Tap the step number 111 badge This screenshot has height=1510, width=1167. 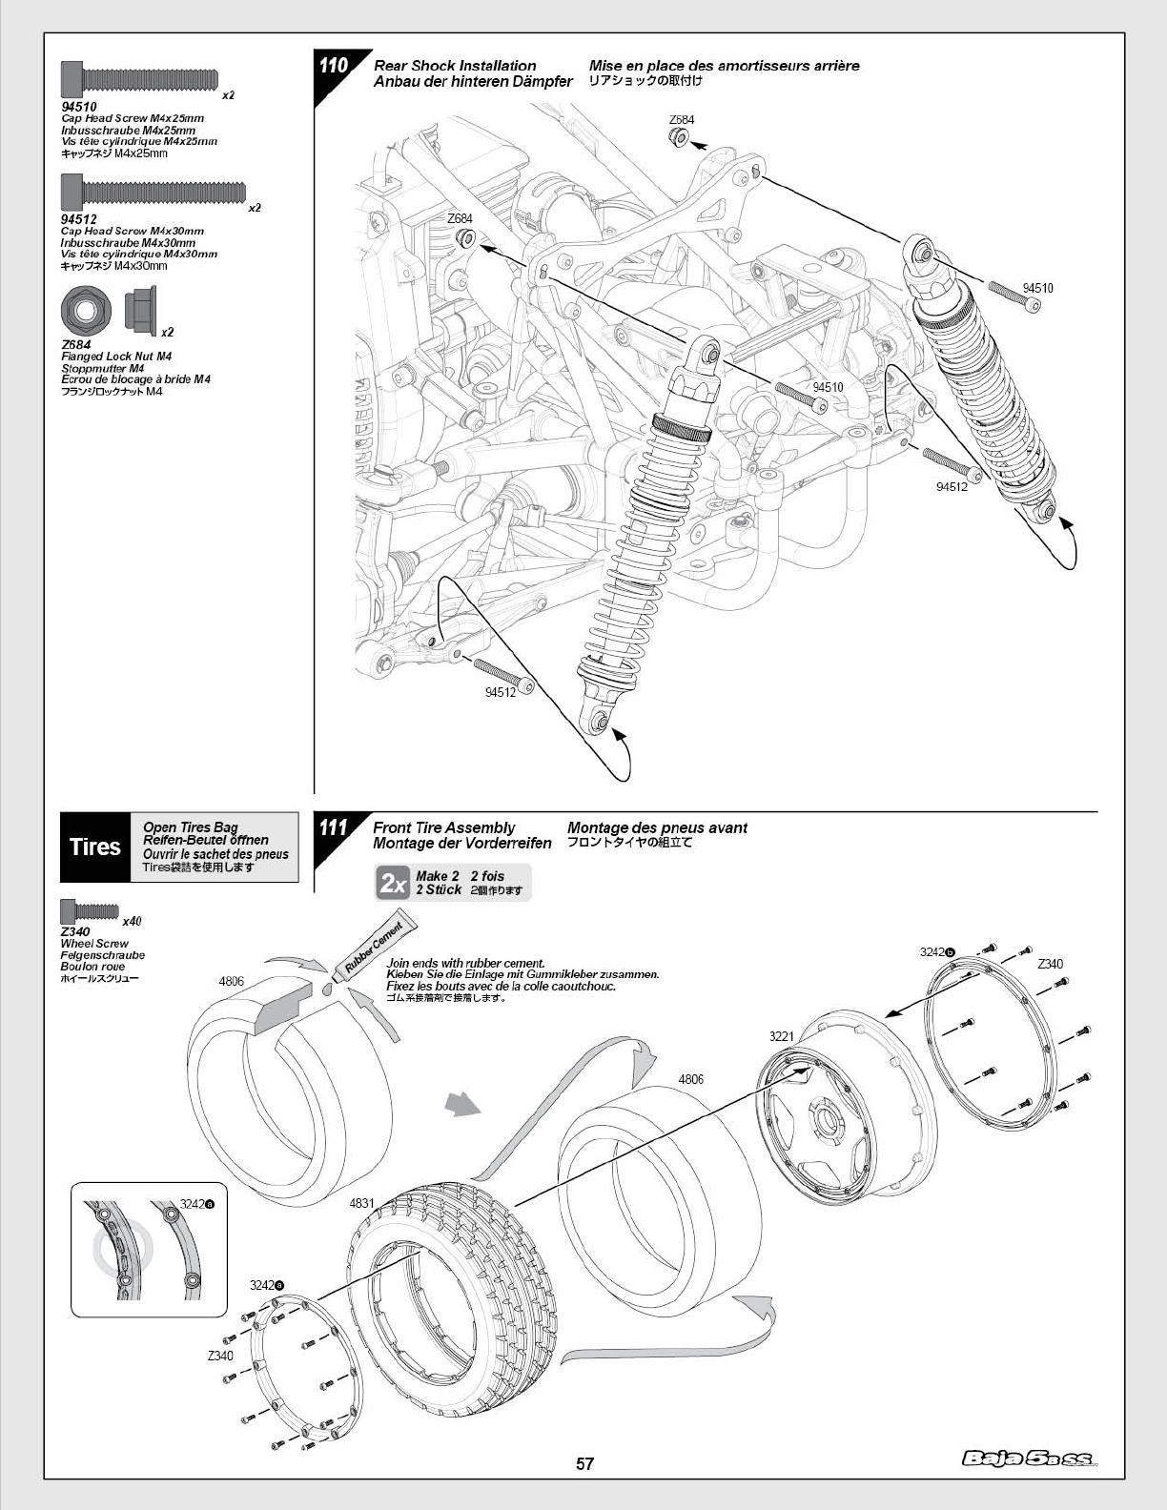pyautogui.click(x=333, y=827)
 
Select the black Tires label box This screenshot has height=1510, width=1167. pyautogui.click(x=95, y=847)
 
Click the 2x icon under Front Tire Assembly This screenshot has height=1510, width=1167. pyautogui.click(x=394, y=883)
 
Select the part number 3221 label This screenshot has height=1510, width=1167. pyautogui.click(x=781, y=1036)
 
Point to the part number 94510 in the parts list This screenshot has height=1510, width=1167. pyautogui.click(x=78, y=107)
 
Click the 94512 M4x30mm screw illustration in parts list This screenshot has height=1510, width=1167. pyautogui.click(x=154, y=191)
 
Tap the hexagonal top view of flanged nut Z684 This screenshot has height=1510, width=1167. pyautogui.click(x=86, y=309)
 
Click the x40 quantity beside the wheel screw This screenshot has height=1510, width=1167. pyautogui.click(x=132, y=922)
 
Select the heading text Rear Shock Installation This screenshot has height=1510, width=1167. pyautogui.click(x=455, y=66)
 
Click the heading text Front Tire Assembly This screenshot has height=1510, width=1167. pyautogui.click(x=444, y=827)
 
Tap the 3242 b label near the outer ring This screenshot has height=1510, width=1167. pyautogui.click(x=937, y=952)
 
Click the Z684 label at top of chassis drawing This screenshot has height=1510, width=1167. pyautogui.click(x=682, y=119)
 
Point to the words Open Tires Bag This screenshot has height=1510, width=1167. pyautogui.click(x=191, y=826)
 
